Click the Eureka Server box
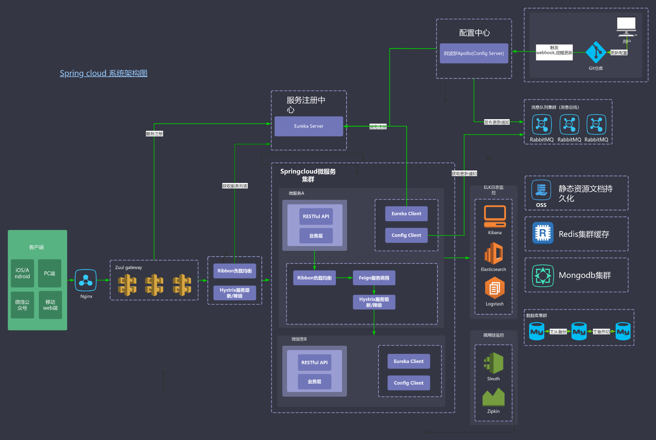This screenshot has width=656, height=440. (x=309, y=126)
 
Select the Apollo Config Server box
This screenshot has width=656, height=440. (x=474, y=54)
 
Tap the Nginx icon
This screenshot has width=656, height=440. (x=86, y=280)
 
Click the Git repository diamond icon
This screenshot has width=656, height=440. (x=595, y=52)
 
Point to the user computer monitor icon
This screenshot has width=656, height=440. (x=626, y=26)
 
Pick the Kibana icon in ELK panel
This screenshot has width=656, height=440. (x=495, y=216)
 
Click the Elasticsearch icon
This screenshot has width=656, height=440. (x=494, y=253)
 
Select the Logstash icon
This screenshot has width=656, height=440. (x=495, y=288)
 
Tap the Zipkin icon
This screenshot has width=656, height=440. (x=494, y=397)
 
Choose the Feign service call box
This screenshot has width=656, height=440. (x=374, y=278)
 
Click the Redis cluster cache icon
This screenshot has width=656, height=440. (x=543, y=233)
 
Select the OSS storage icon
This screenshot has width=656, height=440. (x=541, y=190)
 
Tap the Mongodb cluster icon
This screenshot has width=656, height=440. (x=543, y=275)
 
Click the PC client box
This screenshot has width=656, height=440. (x=50, y=274)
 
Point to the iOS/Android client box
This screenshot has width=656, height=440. (x=22, y=274)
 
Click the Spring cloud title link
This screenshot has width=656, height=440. (x=103, y=73)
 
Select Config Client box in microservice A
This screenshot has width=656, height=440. (x=406, y=235)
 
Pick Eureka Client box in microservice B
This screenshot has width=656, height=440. (x=408, y=362)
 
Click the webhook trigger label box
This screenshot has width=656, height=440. (x=554, y=52)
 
